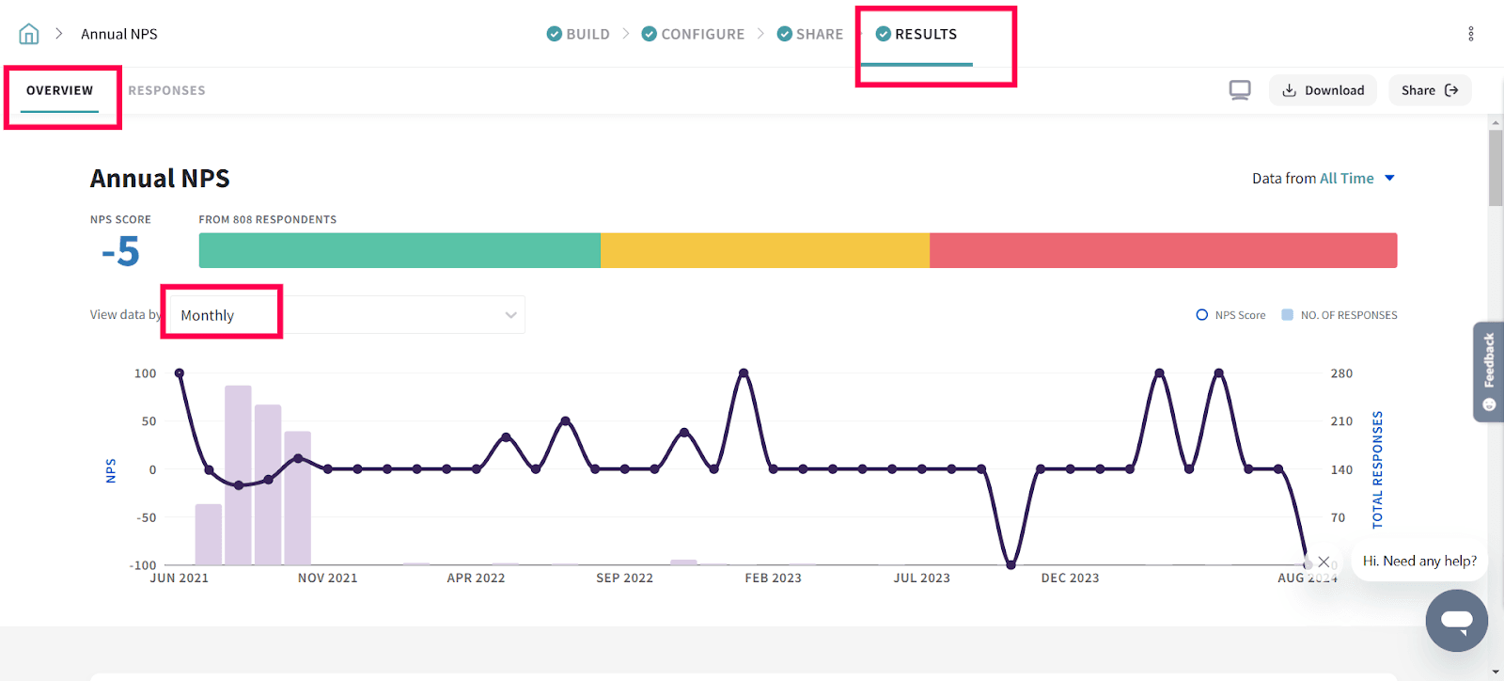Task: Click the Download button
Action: point(1323,90)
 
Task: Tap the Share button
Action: point(1429,90)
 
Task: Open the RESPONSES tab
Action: point(166,90)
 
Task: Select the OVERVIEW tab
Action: point(59,90)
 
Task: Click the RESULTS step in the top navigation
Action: point(916,34)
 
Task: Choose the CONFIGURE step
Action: point(693,34)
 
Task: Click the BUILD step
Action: point(578,34)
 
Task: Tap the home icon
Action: point(29,34)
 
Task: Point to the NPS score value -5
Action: point(121,252)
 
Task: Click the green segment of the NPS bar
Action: point(399,250)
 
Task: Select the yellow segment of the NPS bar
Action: point(765,250)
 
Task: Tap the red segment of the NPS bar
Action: point(1163,250)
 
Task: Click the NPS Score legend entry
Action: point(1230,315)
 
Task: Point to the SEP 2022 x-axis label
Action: point(624,578)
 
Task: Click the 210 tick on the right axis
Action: point(1341,421)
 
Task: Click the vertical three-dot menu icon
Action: point(1471,34)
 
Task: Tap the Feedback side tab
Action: point(1489,372)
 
